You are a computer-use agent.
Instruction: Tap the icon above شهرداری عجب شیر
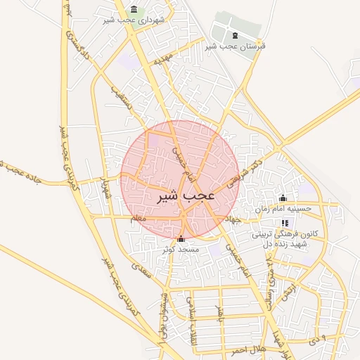[x=134, y=9]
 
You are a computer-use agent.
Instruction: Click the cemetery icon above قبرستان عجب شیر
[x=234, y=36]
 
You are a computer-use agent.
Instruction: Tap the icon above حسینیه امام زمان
[x=283, y=198]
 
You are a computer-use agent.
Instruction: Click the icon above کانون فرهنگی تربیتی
[x=285, y=222]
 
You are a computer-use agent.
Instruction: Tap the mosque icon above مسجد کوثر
[x=181, y=239]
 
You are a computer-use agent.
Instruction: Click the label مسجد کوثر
[x=181, y=250]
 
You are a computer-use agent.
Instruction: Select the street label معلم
[x=139, y=219]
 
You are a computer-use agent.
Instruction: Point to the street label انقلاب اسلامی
[x=190, y=314]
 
